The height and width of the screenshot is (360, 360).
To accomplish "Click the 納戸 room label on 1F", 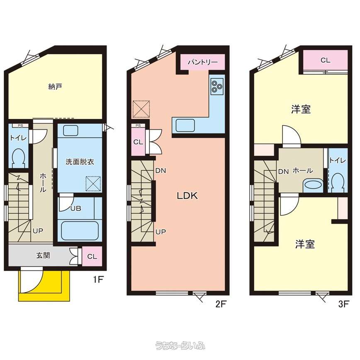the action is click(x=55, y=87).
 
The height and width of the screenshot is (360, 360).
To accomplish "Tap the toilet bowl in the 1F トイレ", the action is click(x=18, y=158).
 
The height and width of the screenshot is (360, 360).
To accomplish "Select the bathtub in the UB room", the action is click(x=80, y=230).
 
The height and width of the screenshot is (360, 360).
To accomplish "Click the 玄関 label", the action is click(x=43, y=256).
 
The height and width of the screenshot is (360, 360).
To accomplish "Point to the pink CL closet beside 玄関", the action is click(x=92, y=256).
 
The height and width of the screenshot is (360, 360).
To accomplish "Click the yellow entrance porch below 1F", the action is click(x=44, y=286).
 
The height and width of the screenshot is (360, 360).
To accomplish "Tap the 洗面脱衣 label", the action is click(x=80, y=162).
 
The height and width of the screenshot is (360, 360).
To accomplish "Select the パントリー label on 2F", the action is click(x=202, y=62).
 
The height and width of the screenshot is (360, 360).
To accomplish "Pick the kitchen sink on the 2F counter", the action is click(x=185, y=126).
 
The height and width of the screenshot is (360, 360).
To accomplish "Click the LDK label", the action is click(x=187, y=196).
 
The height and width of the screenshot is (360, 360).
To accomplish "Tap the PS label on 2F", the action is click(x=138, y=126).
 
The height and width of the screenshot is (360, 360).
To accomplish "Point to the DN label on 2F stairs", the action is click(x=161, y=171).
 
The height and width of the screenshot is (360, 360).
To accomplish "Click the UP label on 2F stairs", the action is click(x=161, y=232).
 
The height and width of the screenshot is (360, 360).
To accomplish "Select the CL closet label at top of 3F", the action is click(x=326, y=60).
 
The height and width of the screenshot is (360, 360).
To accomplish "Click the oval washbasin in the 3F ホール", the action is click(x=313, y=184).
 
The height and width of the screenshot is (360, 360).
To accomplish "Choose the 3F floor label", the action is click(x=344, y=304).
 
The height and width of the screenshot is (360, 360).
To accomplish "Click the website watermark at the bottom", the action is click(x=180, y=346).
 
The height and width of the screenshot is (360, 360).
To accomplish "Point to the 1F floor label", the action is click(x=98, y=279).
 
